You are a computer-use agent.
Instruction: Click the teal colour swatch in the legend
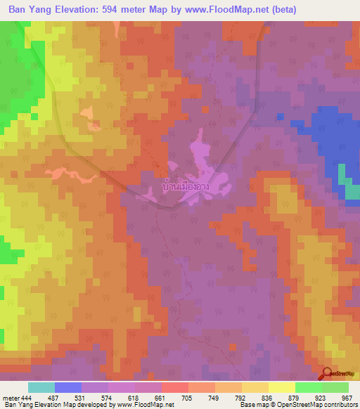pyautogui.click(x=41, y=387)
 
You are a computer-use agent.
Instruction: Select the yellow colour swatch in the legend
pyautogui.click(x=282, y=387)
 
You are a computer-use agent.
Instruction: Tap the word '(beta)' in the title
pyautogui.click(x=281, y=10)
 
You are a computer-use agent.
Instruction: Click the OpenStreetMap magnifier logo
pyautogui.click(x=326, y=373)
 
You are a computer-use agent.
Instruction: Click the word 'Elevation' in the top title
pyautogui.click(x=86, y=10)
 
